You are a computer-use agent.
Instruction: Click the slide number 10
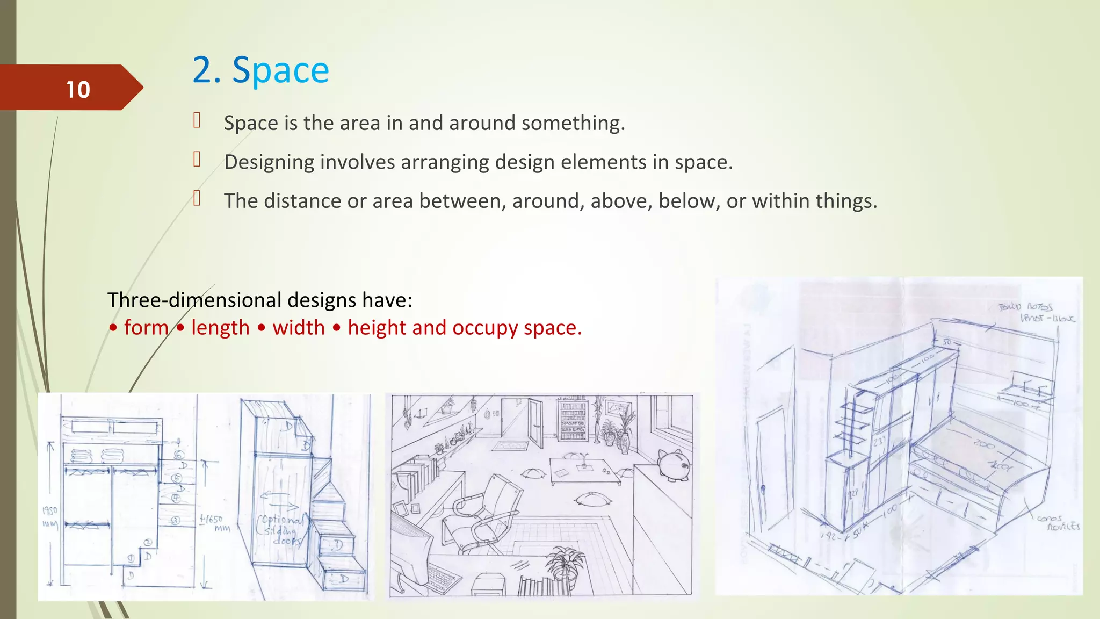[78, 90]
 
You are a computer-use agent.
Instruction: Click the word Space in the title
[280, 70]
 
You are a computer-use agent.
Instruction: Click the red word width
[299, 328]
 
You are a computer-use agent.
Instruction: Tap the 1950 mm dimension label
[50, 516]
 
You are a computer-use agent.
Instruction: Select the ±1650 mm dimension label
[213, 522]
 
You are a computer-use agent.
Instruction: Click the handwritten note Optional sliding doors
[280, 530]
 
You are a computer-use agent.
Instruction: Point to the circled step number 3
[176, 520]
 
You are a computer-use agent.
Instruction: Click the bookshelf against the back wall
[573, 419]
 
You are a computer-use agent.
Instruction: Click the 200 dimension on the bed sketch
[984, 444]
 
